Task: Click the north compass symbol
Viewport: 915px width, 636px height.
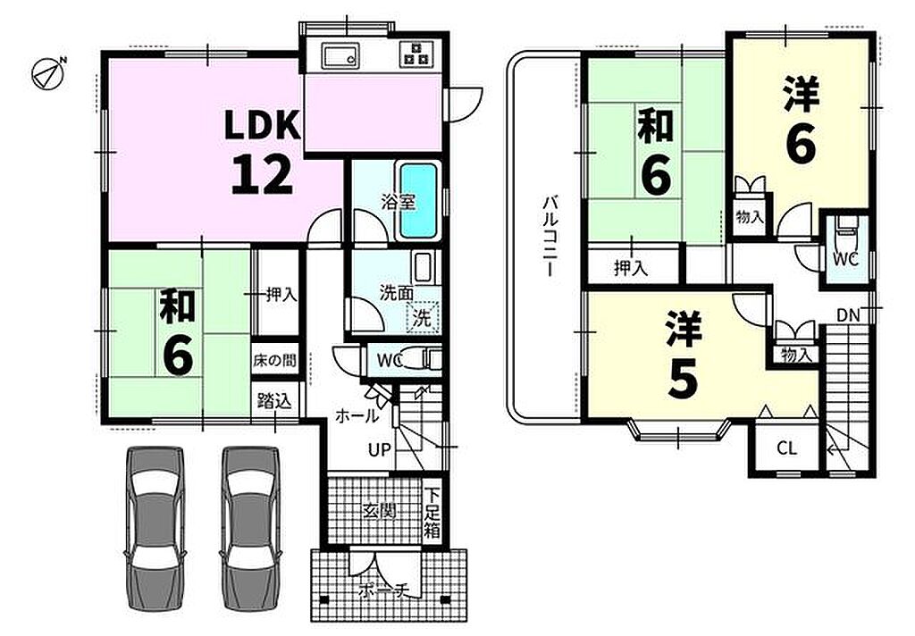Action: tap(48, 73)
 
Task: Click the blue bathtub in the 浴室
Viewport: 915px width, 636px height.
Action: tap(418, 200)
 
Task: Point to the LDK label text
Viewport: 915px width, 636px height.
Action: tap(263, 125)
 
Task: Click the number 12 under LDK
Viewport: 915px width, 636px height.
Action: tap(262, 175)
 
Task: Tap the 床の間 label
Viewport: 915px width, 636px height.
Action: tap(274, 361)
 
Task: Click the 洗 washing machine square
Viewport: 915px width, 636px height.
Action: tap(422, 317)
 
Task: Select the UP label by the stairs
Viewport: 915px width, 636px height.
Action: tap(379, 449)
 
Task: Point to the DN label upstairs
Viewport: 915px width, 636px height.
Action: tap(848, 315)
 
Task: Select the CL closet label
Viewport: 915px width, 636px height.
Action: tap(786, 448)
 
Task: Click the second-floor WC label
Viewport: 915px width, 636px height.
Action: tap(845, 259)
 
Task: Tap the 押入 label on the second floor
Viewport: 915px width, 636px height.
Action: tap(631, 268)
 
